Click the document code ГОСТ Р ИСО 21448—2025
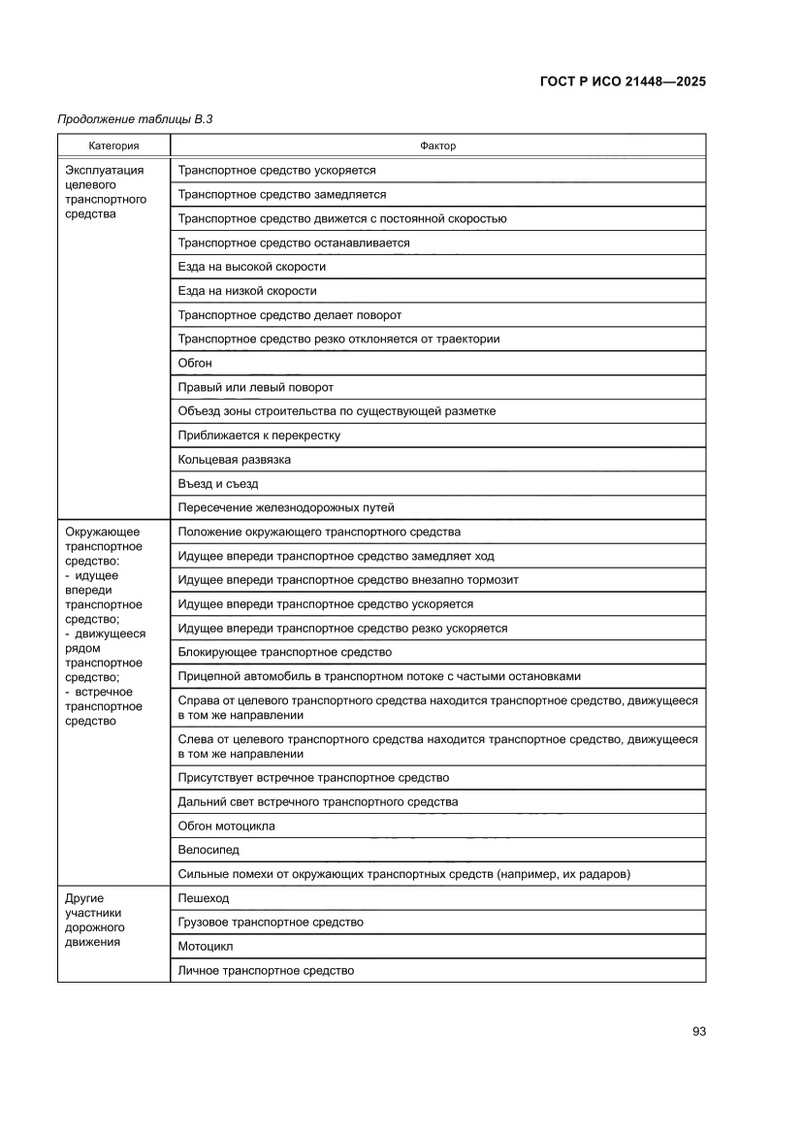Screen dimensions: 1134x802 (x=622, y=81)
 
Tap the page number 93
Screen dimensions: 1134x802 (x=698, y=1031)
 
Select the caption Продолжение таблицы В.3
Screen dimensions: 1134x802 (x=135, y=119)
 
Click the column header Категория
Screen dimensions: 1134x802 (x=113, y=146)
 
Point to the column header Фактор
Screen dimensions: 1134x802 (x=437, y=146)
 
